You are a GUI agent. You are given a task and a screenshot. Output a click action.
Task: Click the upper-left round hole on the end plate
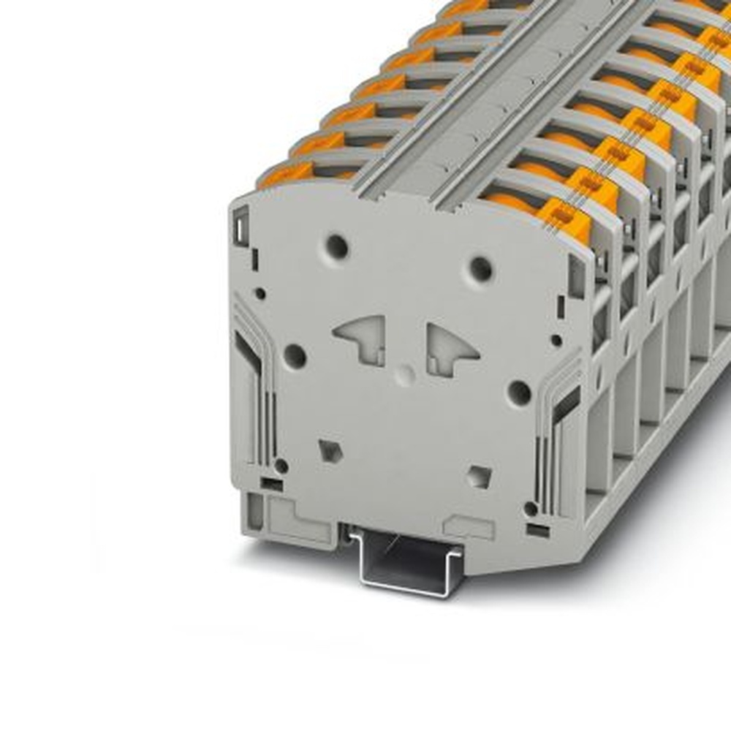337,246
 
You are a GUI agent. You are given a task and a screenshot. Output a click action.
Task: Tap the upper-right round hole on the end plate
481,269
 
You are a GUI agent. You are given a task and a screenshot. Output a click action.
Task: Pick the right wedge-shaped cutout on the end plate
450,346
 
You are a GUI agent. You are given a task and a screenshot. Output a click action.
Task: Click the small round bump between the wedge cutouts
403,376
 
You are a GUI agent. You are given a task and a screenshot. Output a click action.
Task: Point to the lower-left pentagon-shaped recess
330,450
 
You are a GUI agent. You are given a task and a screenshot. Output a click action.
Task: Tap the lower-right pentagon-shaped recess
479,477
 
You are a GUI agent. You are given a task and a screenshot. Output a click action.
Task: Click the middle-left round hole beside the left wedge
295,356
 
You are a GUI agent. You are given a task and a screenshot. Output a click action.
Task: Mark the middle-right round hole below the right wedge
519,393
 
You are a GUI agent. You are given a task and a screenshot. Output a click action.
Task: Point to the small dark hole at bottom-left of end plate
281,466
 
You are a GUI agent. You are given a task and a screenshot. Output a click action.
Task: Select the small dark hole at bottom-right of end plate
531,508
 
